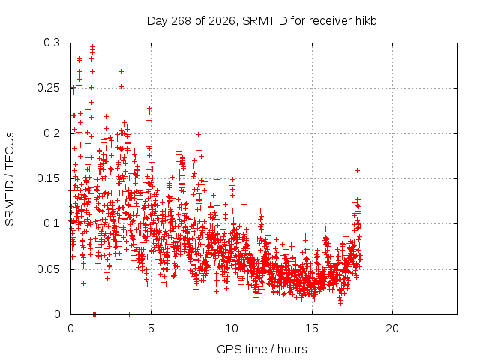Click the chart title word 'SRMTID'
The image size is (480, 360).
tap(265, 21)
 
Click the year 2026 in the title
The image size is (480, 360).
tap(222, 21)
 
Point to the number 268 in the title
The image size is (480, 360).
tap(181, 21)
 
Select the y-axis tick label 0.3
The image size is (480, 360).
tap(52, 43)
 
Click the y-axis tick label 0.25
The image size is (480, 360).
tap(48, 88)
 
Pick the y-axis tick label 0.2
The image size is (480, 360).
tap(52, 133)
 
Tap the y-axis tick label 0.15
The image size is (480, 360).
tap(48, 178)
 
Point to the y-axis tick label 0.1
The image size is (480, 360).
tap(52, 223)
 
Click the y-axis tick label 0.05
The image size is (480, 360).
tap(48, 269)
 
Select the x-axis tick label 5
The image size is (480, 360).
tap(151, 328)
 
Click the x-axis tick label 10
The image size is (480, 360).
tap(232, 328)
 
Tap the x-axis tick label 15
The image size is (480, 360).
tap(312, 328)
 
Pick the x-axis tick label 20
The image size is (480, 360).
tap(392, 328)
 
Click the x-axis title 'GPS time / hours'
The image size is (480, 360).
tap(262, 349)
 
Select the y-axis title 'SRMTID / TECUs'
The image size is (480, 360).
tap(10, 179)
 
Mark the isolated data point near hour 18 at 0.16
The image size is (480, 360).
tap(357, 170)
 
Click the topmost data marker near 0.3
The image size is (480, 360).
tap(92, 46)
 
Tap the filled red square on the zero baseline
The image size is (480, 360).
tap(94, 314)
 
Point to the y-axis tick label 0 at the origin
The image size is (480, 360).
tap(57, 314)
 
